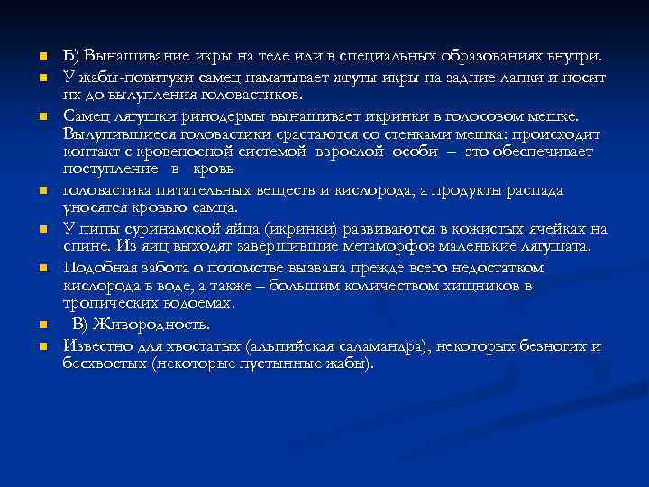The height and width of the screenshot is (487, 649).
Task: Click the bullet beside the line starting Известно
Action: coord(42,345)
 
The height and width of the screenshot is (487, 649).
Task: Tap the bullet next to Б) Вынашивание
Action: coord(42,58)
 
